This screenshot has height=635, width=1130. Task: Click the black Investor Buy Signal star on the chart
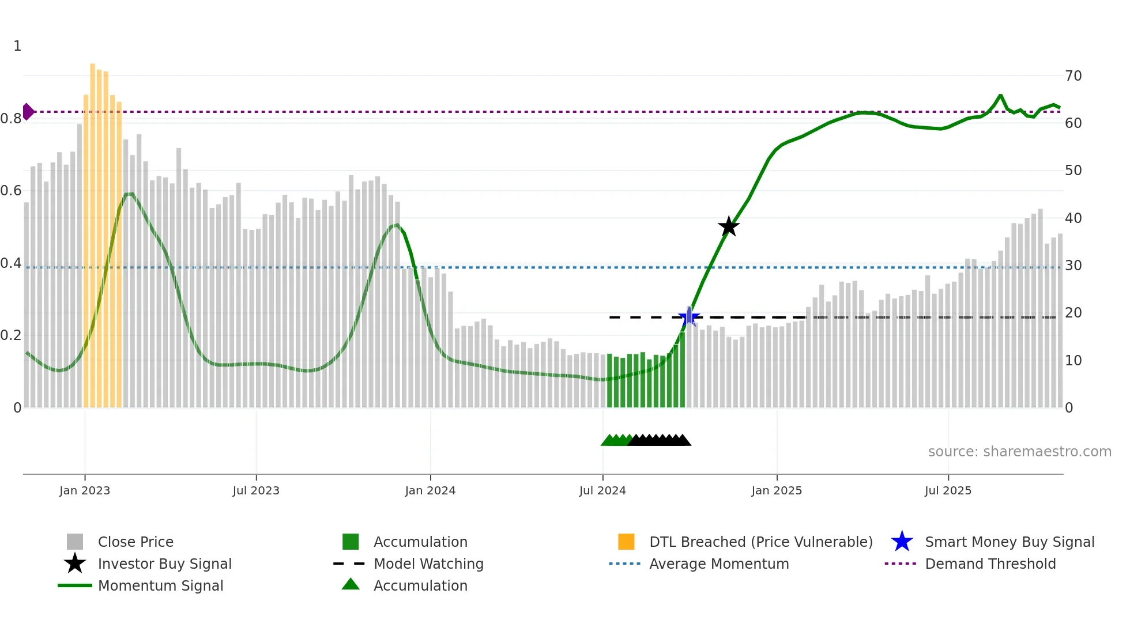[729, 226]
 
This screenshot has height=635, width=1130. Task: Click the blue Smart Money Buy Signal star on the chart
[689, 317]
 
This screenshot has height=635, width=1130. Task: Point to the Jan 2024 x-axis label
[430, 490]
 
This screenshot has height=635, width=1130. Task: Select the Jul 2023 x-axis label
[256, 490]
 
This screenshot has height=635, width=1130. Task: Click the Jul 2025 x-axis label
[948, 490]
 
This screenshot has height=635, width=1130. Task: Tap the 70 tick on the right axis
[1073, 76]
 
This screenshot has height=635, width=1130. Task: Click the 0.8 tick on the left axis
[12, 119]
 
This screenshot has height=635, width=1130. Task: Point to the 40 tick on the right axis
[1073, 218]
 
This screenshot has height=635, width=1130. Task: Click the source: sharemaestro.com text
[1019, 452]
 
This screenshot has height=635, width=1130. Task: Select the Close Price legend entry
[135, 542]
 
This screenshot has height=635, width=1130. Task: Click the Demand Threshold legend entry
[990, 564]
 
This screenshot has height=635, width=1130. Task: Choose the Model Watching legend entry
[428, 564]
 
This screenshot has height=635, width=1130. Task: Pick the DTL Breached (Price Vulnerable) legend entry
[760, 542]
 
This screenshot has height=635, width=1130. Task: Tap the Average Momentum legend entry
[718, 564]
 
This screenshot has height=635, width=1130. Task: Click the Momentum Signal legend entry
[160, 585]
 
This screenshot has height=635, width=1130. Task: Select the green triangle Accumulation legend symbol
[351, 584]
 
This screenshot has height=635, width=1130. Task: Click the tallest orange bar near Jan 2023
[93, 230]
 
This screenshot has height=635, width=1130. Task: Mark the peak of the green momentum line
[1000, 96]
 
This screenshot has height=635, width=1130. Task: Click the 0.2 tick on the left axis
[12, 335]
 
